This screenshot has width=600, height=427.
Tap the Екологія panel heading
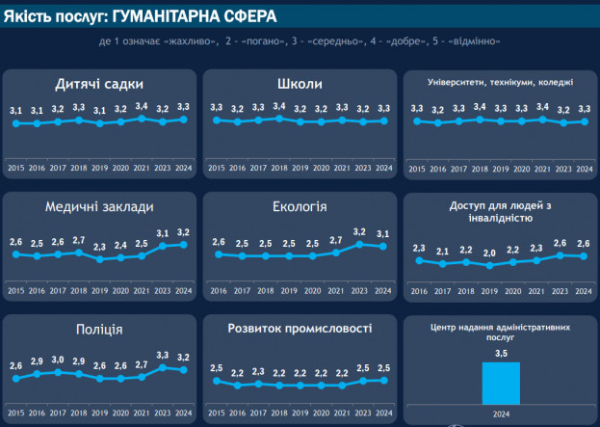[299, 206]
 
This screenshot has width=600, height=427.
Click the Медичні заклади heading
[99, 206]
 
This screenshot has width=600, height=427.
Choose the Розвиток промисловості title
[299, 329]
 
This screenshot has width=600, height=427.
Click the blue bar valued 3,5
[500, 383]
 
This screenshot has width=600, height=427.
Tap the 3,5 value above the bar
[500, 355]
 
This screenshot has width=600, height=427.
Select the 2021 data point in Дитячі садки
[143, 119]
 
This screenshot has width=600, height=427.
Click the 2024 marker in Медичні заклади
[184, 245]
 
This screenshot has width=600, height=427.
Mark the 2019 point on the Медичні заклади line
[100, 259]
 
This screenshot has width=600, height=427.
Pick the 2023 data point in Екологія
[359, 244]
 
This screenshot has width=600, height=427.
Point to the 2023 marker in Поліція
[163, 367]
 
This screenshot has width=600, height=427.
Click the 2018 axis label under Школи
[278, 168]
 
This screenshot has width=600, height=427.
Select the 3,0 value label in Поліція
[58, 360]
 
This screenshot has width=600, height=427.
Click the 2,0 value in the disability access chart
[489, 254]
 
